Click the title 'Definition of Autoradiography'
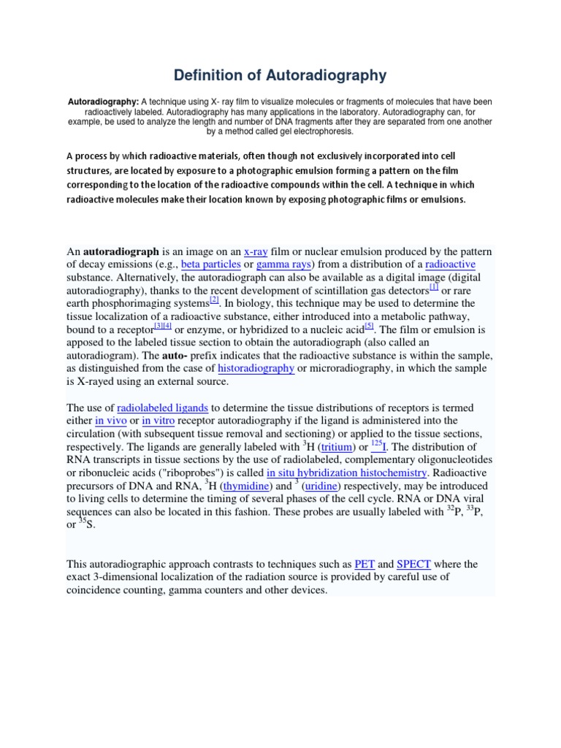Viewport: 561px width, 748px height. pos(280,75)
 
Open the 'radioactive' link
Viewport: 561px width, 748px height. pos(450,264)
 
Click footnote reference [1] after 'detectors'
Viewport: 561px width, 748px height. pos(434,287)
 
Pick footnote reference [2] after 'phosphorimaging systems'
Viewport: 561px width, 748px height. pos(214,300)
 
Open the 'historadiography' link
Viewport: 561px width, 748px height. pos(256,368)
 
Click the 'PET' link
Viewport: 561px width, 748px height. pos(364,564)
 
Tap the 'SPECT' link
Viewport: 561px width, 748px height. pos(413,564)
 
